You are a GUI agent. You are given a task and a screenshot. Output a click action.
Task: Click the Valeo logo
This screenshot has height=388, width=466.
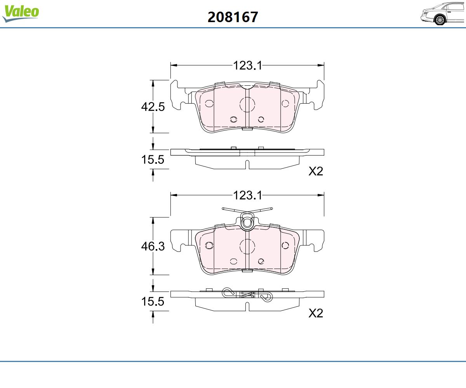pos(21,13)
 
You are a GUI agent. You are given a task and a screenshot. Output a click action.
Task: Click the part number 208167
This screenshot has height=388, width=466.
pos(233,17)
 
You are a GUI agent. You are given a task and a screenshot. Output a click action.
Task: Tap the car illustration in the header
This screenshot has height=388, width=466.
pos(443,14)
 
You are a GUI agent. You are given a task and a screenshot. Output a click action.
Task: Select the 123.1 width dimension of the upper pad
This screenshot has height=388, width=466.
pos(247,66)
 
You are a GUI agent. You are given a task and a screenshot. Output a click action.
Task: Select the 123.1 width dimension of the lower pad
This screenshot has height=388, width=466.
pos(247,195)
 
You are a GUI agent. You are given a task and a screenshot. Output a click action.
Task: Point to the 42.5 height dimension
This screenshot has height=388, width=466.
pos(153,107)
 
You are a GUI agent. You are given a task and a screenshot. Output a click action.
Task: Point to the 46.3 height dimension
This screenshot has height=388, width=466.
pos(153,246)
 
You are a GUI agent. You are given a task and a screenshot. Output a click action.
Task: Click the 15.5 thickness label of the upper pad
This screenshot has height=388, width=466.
pos(153,159)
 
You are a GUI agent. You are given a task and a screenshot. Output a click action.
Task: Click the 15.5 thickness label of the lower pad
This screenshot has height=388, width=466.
pos(153,301)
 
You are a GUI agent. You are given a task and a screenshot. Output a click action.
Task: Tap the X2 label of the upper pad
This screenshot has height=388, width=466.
pos(316,171)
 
